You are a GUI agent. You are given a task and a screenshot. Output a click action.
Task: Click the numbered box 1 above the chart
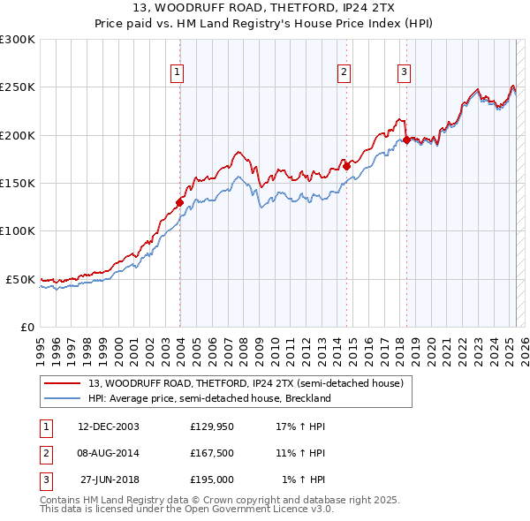coord(178,72)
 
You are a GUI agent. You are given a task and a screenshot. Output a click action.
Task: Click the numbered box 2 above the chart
coord(344,72)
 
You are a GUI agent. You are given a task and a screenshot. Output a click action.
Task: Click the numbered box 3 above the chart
coord(404,72)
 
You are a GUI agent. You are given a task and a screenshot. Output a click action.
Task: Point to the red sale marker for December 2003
coord(179,202)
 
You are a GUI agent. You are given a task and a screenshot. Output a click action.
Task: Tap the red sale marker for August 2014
coord(346,166)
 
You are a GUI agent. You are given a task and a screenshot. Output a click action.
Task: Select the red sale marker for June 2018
coord(406,140)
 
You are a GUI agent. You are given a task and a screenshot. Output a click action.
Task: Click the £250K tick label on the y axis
coord(18,87)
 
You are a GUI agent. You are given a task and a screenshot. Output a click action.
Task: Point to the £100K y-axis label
coord(18,230)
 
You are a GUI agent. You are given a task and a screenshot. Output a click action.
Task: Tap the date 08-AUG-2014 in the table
coord(109,453)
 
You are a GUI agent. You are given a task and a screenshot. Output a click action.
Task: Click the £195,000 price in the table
coord(212,479)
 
